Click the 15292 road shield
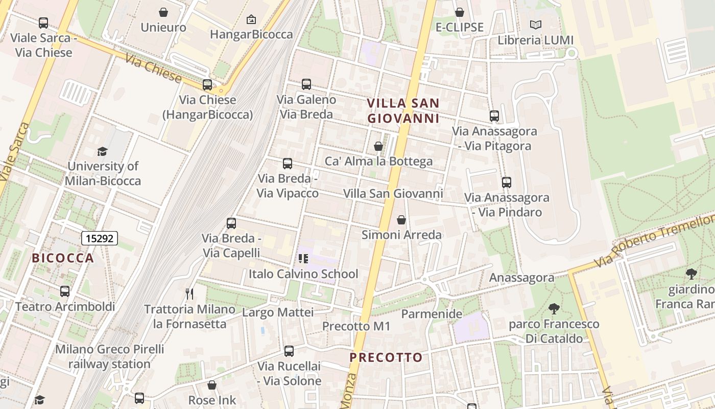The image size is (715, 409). pyautogui.click(x=100, y=238)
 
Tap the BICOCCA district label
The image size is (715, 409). pyautogui.click(x=63, y=258)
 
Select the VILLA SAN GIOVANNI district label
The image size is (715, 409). pyautogui.click(x=403, y=111)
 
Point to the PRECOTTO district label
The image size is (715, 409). pyautogui.click(x=386, y=357)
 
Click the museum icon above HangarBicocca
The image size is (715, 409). pyautogui.click(x=251, y=20)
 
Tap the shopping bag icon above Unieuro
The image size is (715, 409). pyautogui.click(x=163, y=12)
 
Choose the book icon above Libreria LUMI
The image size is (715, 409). pyautogui.click(x=536, y=25)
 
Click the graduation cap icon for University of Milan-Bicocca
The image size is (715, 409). pyautogui.click(x=103, y=151)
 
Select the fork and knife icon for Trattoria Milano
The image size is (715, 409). pyautogui.click(x=189, y=293)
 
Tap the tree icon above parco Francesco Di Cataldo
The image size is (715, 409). pyautogui.click(x=554, y=309)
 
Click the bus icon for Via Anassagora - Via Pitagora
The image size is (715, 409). pyautogui.click(x=494, y=116)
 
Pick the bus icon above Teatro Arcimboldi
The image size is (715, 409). pyautogui.click(x=65, y=291)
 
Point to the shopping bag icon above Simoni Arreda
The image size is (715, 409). pyautogui.click(x=401, y=220)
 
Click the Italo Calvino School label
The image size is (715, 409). pyautogui.click(x=303, y=274)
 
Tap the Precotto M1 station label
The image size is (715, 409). pyautogui.click(x=356, y=326)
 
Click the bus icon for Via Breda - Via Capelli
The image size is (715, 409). pyautogui.click(x=231, y=223)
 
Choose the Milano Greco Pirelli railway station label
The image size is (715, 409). pyautogui.click(x=109, y=357)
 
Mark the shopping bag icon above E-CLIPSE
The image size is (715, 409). pyautogui.click(x=460, y=12)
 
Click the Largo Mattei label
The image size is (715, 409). pyautogui.click(x=278, y=312)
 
